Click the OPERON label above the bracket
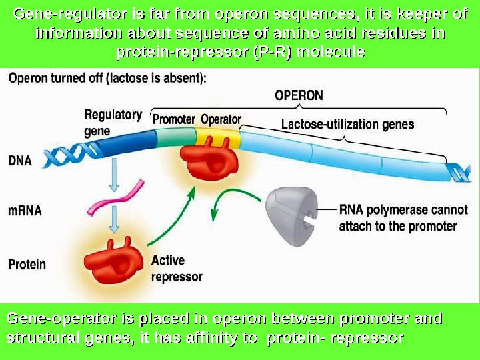tap(299, 95)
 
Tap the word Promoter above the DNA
tap(174, 120)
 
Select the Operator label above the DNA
tap(221, 120)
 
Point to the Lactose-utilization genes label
tap(347, 124)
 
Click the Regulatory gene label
tap(113, 123)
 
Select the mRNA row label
tap(25, 211)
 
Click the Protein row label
tap(27, 264)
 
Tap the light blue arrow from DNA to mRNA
tap(115, 175)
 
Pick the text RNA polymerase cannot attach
tap(403, 210)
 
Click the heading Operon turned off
tap(107, 77)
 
